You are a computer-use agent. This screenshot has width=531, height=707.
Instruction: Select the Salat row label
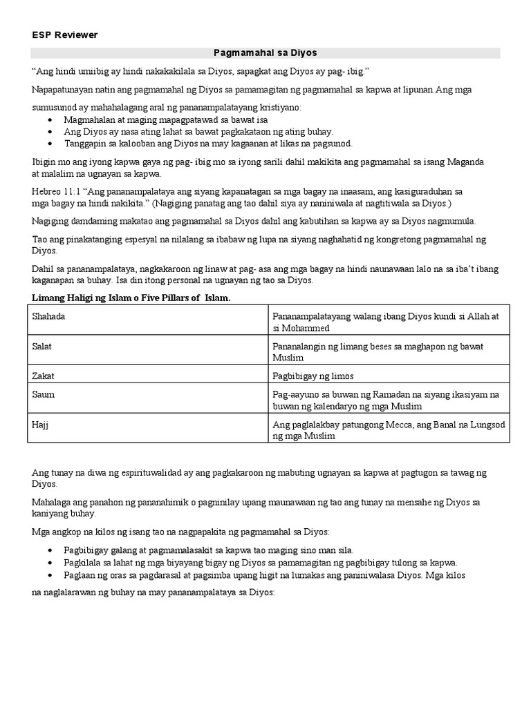click(42, 346)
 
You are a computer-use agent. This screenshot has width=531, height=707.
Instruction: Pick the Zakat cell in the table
click(43, 376)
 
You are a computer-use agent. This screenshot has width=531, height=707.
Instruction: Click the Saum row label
click(44, 394)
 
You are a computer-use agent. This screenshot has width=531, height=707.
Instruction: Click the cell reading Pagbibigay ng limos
click(313, 376)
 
